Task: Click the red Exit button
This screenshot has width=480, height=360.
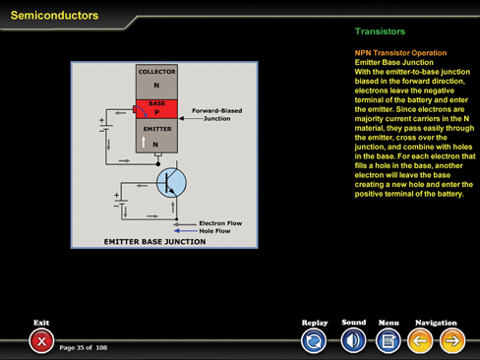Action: coord(41,341)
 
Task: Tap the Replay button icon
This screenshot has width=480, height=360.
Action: coord(314,341)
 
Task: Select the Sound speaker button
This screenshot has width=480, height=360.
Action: coord(353,341)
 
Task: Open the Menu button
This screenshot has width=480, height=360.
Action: coord(389,341)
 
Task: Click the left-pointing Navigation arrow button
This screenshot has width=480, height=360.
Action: coord(420,341)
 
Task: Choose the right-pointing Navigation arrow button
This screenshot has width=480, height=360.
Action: coord(452,341)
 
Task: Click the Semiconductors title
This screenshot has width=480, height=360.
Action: coord(54,16)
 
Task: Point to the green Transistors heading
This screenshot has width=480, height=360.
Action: coord(380,31)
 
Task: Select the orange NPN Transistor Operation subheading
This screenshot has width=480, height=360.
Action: coord(400,53)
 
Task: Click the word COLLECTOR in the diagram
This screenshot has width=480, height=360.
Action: coord(156,72)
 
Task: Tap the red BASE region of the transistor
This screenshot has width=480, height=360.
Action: coord(156,109)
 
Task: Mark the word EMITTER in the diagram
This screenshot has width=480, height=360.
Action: coord(157,129)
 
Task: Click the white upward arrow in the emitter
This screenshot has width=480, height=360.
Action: coord(144,142)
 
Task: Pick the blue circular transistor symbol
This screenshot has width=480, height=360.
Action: coord(171,183)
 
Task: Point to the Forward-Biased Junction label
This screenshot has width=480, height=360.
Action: coord(217,114)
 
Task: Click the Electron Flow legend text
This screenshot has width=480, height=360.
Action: coord(220,223)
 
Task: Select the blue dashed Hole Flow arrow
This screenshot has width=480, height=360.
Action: coord(186,231)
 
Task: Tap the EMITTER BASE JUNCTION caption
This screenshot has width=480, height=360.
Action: coord(154,242)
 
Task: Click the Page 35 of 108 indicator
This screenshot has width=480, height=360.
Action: coord(84,347)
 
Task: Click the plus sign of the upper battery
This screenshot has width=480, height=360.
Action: coord(101,120)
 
